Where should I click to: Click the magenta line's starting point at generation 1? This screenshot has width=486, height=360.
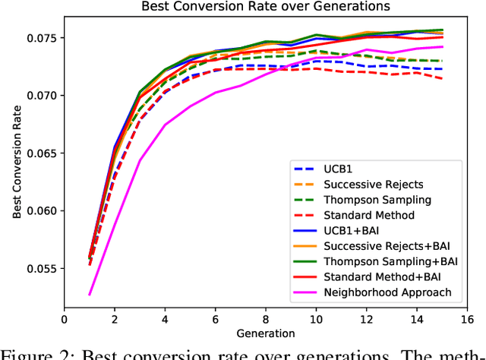(90, 295)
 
